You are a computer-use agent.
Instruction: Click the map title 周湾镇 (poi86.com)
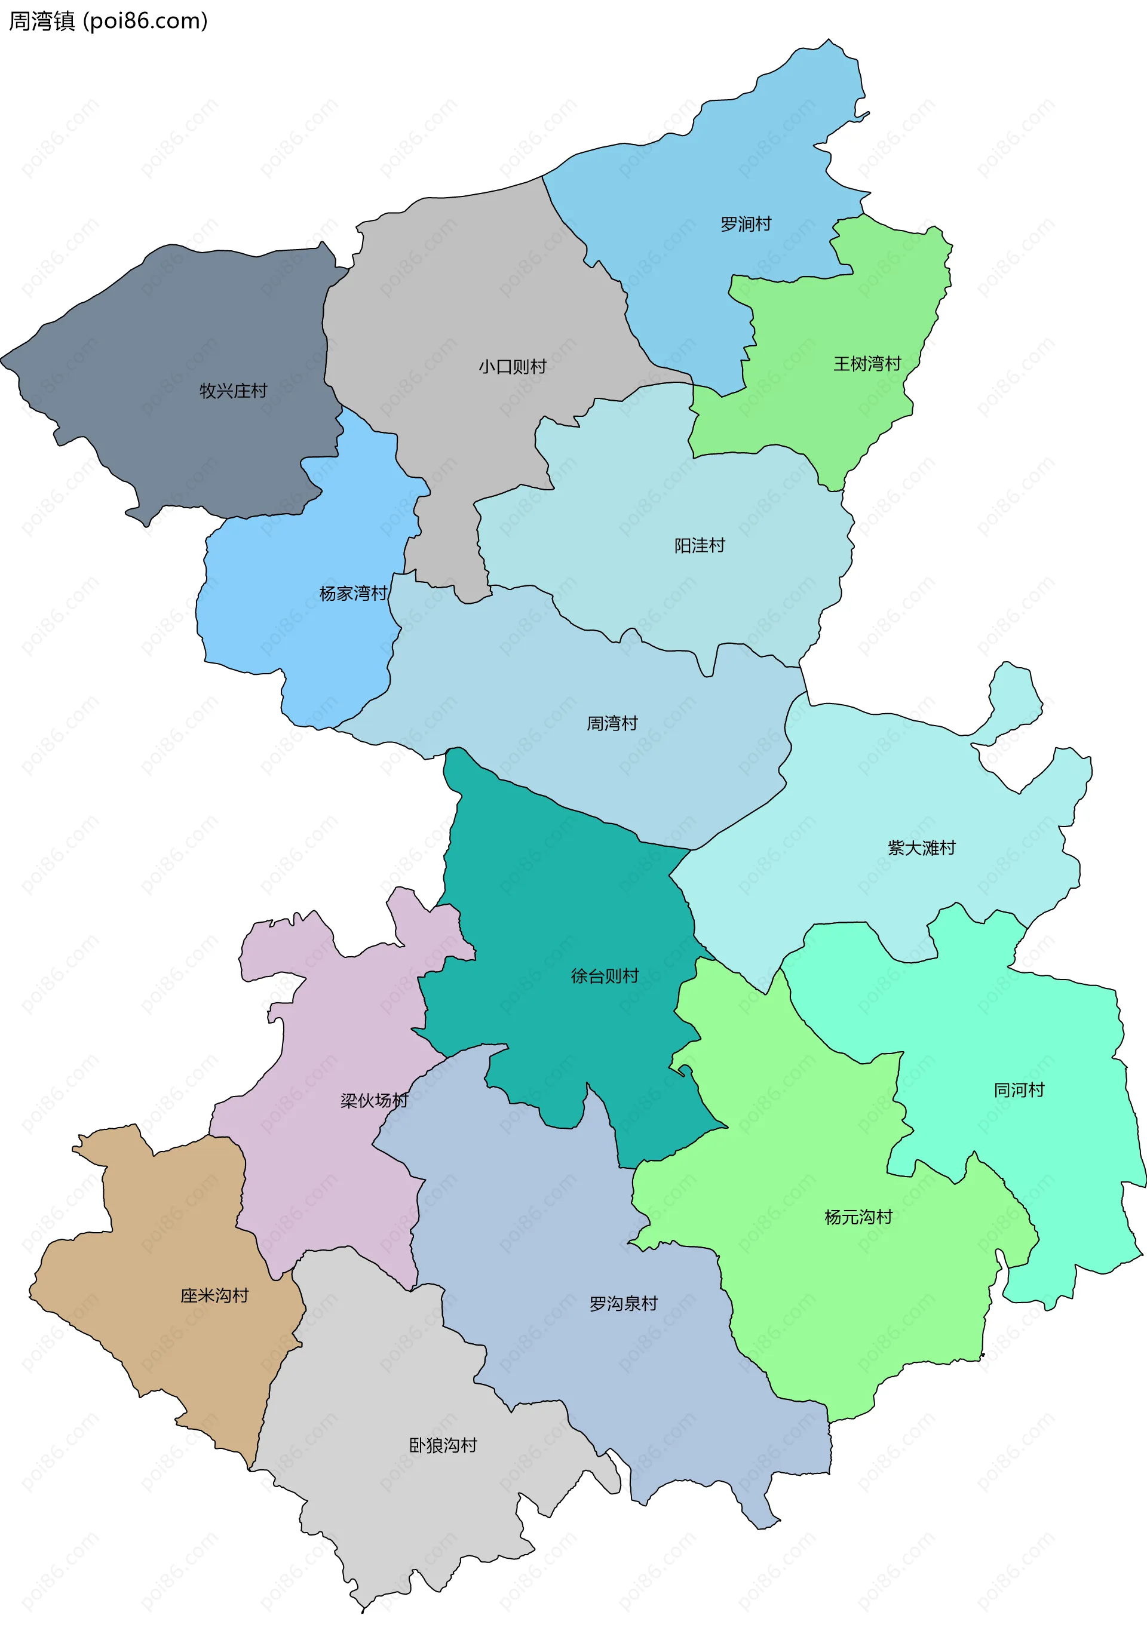tap(108, 21)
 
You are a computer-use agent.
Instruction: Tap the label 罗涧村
tap(746, 224)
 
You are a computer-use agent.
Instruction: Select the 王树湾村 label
tap(867, 364)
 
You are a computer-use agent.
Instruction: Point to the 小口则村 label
tap(513, 367)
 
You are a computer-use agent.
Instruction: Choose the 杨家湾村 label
tap(353, 593)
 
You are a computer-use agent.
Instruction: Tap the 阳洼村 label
tap(700, 545)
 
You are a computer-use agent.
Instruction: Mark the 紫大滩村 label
tap(921, 848)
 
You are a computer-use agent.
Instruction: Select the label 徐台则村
tap(605, 976)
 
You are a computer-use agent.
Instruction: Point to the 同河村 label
tap(1019, 1090)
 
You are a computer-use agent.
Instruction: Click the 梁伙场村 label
tap(374, 1100)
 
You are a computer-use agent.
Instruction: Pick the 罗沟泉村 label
tap(623, 1303)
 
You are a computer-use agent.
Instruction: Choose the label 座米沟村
tap(214, 1295)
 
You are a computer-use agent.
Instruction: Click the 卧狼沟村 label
tap(443, 1445)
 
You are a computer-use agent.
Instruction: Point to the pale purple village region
tap(338, 1020)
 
